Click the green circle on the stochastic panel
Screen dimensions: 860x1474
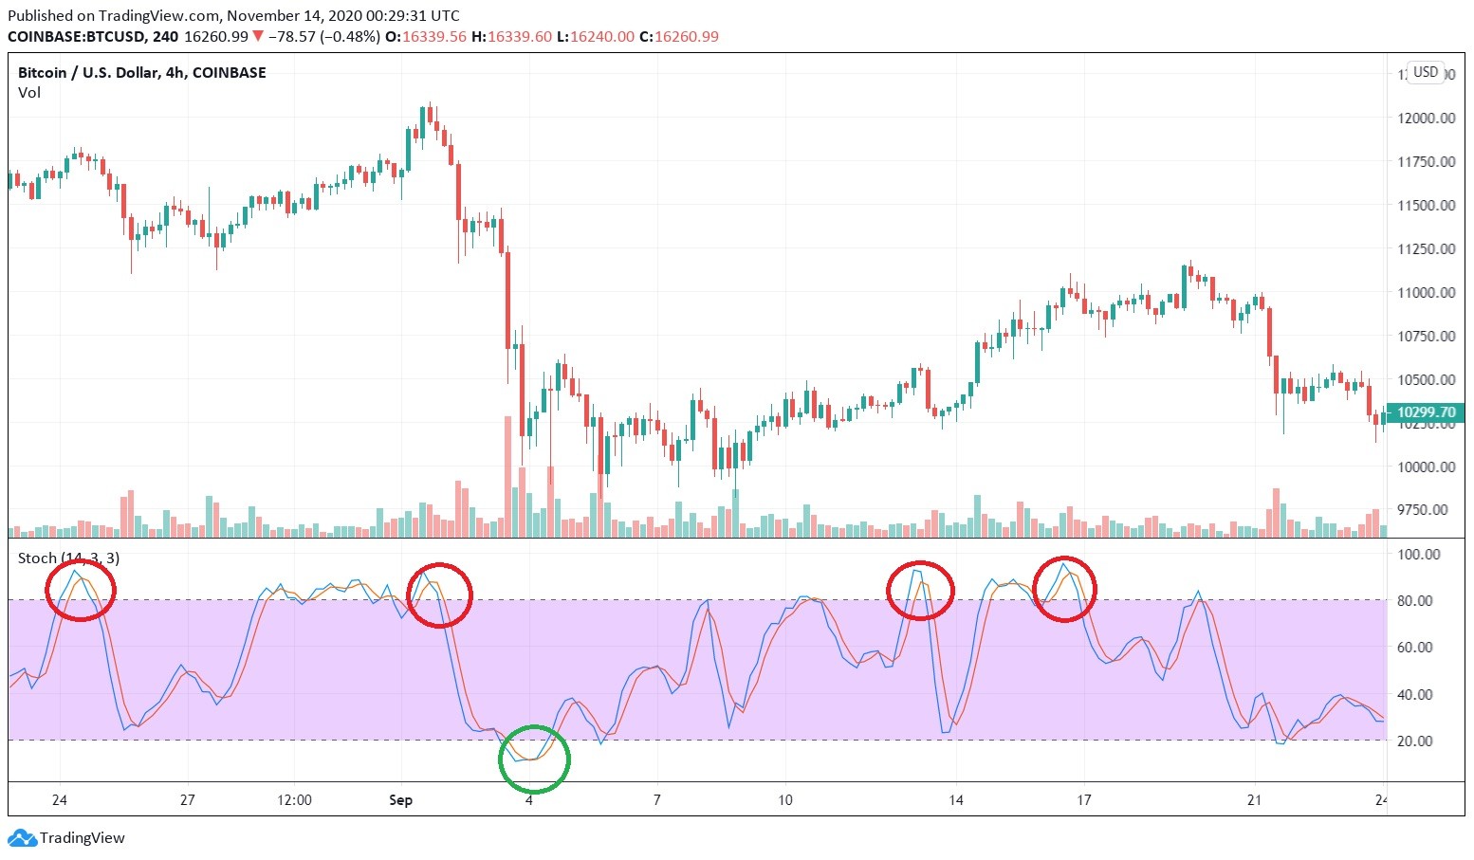pyautogui.click(x=535, y=759)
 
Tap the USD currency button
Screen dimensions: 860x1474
pyautogui.click(x=1426, y=72)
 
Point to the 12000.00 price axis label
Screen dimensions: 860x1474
pyautogui.click(x=1427, y=118)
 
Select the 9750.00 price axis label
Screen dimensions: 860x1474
pyautogui.click(x=1427, y=510)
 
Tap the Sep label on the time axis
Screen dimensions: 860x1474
pyautogui.click(x=401, y=799)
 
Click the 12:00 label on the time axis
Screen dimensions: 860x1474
pyautogui.click(x=295, y=799)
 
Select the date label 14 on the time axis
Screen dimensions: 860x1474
pyautogui.click(x=956, y=799)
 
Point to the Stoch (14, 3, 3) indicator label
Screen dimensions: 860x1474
pyautogui.click(x=69, y=558)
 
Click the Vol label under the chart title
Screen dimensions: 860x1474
pyautogui.click(x=29, y=93)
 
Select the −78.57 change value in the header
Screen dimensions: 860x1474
pyautogui.click(x=291, y=37)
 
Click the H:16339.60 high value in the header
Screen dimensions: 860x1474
pyautogui.click(x=512, y=37)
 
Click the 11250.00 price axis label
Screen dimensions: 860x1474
pyautogui.click(x=1427, y=248)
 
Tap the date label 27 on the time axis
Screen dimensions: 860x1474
pyautogui.click(x=188, y=799)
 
